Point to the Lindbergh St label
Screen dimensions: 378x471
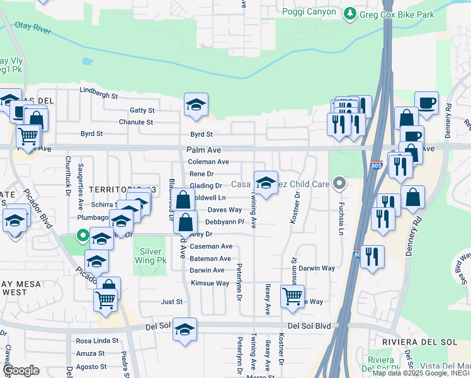point(98,96)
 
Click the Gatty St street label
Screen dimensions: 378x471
point(142,110)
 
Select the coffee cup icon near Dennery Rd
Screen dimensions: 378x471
point(426,103)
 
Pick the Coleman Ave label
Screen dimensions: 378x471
point(208,162)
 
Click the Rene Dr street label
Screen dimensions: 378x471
point(201,173)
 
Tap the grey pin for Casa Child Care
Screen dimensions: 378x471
point(340,185)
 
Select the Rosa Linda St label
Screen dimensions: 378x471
point(97,341)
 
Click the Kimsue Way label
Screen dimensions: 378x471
point(210,283)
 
